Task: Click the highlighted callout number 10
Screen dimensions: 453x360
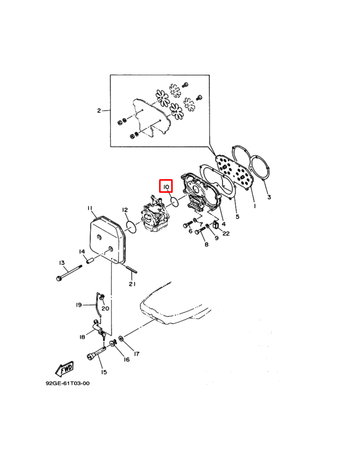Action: (166, 187)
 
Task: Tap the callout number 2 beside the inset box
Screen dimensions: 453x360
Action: (99, 111)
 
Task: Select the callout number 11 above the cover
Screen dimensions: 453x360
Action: (90, 209)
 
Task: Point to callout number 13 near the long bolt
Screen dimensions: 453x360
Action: (62, 263)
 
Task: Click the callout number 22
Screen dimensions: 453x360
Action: (226, 234)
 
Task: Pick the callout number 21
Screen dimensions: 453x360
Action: (132, 284)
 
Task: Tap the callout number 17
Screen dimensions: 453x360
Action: (136, 354)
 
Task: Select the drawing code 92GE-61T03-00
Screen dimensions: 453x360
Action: (67, 383)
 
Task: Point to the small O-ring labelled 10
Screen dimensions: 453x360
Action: (174, 202)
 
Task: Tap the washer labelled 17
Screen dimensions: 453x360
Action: (121, 338)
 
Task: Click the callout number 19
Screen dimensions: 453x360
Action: (79, 305)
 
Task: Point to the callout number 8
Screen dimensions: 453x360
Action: (206, 245)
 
